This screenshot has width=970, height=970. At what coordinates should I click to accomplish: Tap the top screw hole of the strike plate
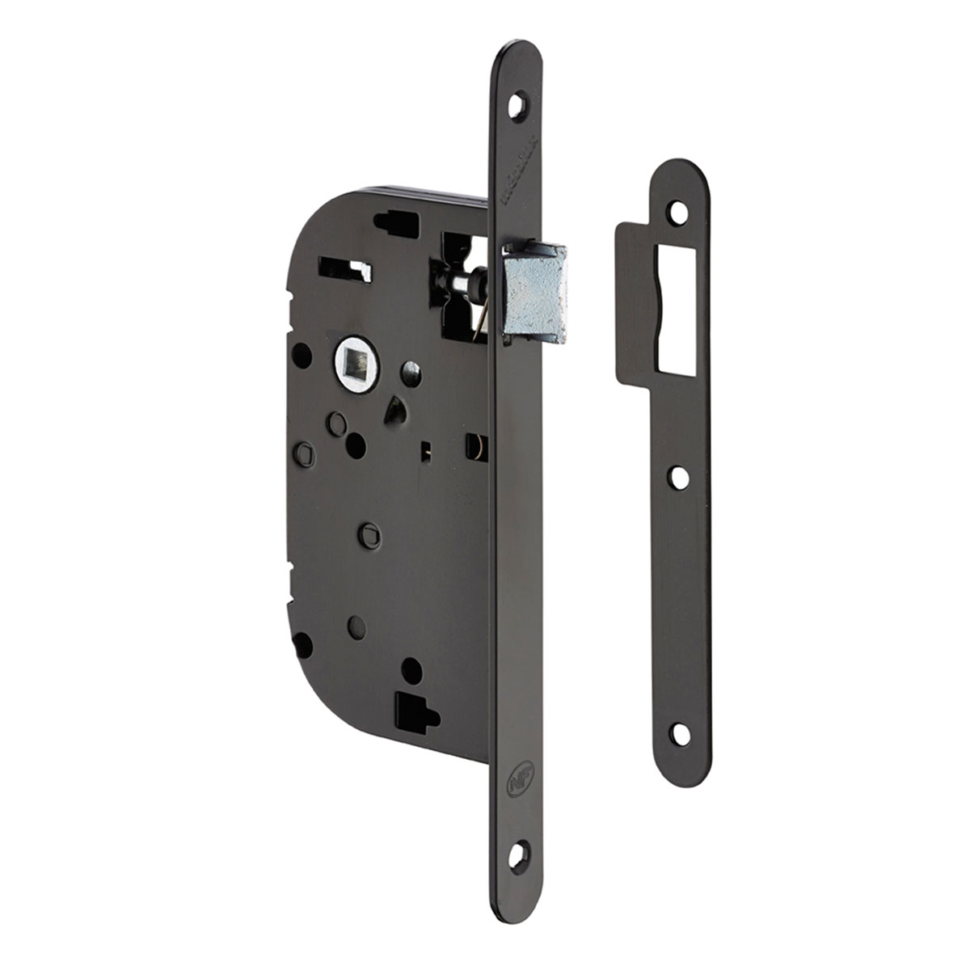coord(678,212)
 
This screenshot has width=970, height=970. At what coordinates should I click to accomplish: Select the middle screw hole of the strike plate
coord(679,478)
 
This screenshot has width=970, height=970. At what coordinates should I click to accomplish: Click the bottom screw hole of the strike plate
coord(681,734)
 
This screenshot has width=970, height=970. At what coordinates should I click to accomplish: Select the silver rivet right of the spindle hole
coord(411,373)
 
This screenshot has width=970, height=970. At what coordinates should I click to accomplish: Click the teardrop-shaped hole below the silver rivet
coord(395,411)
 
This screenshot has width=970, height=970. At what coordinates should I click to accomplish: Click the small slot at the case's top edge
coord(397,220)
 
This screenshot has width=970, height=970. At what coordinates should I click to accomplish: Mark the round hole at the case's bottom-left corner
coord(302,644)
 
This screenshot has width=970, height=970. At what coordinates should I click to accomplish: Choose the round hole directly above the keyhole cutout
coord(411,670)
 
